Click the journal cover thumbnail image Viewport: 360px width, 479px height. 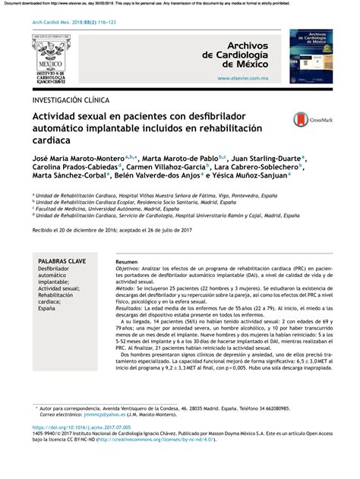coord(311,57)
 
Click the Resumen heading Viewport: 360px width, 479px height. coord(137,260)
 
